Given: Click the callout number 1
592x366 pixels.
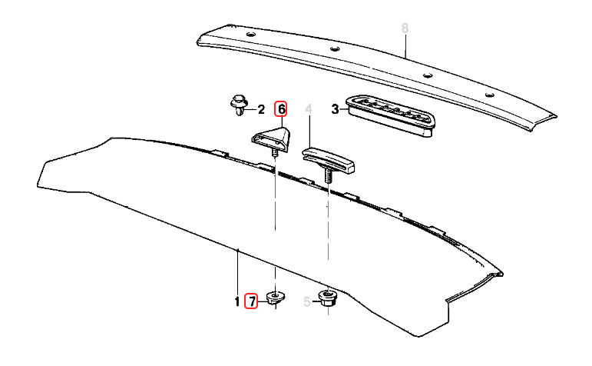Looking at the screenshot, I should click(237, 302).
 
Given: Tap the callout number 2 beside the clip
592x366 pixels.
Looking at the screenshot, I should click(261, 109).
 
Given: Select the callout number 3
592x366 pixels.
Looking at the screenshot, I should click(335, 109).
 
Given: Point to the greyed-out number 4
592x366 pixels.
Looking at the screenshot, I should click(309, 109).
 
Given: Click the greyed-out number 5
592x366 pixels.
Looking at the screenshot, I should click(307, 302).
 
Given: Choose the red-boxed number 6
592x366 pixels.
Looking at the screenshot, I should click(282, 109).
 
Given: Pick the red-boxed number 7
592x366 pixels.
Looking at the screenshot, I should click(251, 301).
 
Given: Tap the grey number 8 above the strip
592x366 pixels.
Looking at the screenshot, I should click(405, 28).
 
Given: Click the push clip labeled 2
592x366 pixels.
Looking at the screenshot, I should click(238, 105).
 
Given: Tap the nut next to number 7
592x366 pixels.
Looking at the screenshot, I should click(275, 297).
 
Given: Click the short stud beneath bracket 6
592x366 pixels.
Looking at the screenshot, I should click(274, 153).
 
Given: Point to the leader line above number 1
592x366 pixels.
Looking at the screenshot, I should click(238, 273).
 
